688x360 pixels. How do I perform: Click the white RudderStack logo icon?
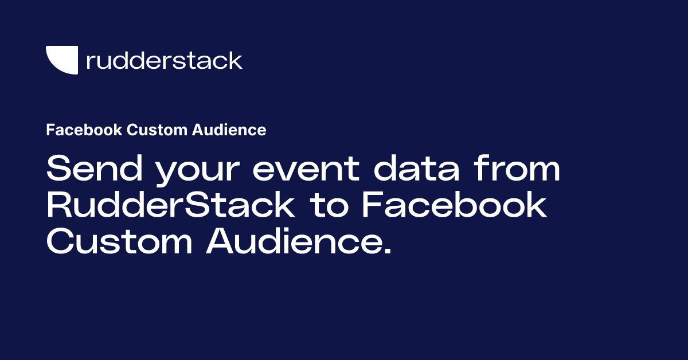(62, 60)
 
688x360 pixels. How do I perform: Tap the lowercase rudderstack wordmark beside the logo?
(164, 60)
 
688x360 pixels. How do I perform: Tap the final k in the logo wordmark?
(236, 60)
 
